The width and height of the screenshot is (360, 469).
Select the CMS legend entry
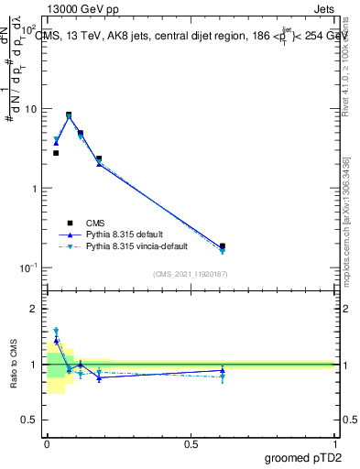(95, 223)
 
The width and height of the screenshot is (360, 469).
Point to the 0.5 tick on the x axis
(191, 443)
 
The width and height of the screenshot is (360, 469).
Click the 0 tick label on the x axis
(47, 443)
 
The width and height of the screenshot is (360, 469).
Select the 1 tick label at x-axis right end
(334, 443)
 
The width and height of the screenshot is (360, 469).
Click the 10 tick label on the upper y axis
(31, 109)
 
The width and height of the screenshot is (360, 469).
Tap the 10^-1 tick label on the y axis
(29, 267)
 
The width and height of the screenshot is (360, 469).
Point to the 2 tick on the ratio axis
(36, 309)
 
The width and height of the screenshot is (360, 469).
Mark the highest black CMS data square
(69, 115)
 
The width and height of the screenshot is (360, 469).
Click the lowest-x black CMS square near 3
(56, 153)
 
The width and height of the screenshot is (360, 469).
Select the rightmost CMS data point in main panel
(223, 246)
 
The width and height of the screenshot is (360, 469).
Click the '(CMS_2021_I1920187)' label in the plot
(191, 274)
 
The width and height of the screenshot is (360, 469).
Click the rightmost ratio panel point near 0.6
(223, 371)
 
